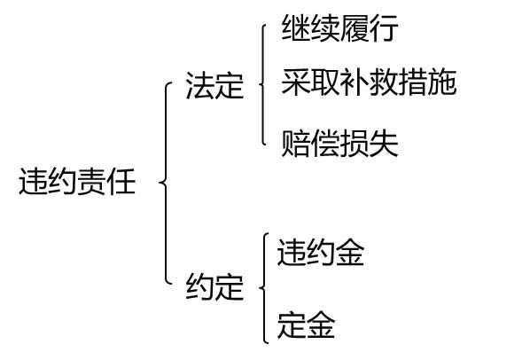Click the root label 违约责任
77,182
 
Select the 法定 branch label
214,85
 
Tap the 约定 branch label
214,286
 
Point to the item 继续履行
339,28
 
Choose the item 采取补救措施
369,82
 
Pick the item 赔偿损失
339,144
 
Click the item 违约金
321,252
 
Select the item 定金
306,325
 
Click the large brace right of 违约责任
166,183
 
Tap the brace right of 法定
263,84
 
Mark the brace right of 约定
263,288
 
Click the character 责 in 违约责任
92,182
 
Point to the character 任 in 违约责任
121,182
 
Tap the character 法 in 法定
200,85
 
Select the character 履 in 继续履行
354,28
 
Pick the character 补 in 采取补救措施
354,82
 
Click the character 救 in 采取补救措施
383,82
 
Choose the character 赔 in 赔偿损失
296,144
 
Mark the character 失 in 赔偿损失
383,144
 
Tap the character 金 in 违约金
350,252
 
